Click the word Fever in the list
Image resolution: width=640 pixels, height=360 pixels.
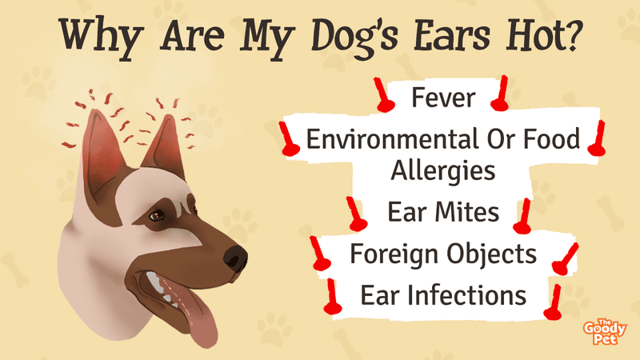click(x=443, y=98)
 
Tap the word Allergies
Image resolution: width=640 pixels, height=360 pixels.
click(x=443, y=171)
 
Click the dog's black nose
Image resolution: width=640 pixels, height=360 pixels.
click(x=235, y=258)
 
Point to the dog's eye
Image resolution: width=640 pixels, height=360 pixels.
click(x=156, y=216)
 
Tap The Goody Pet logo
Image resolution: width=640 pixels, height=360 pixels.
click(x=605, y=331)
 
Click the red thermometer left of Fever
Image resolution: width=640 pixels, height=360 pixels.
click(x=383, y=95)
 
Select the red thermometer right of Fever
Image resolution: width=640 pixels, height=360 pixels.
click(x=501, y=94)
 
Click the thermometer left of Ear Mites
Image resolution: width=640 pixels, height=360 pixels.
click(x=356, y=214)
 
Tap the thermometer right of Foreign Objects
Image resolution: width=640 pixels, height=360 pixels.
click(x=565, y=259)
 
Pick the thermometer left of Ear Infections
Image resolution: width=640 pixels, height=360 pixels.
click(x=332, y=297)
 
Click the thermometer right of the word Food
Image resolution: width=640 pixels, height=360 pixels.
click(x=597, y=138)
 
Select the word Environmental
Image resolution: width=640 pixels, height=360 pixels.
click(x=392, y=139)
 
